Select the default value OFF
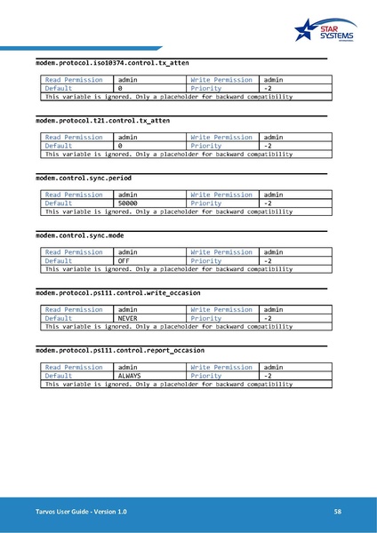(x=124, y=261)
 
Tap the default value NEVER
(x=128, y=318)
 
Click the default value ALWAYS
(x=130, y=376)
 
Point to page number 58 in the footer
(x=338, y=513)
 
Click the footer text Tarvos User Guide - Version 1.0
(x=76, y=513)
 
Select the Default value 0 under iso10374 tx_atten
(x=120, y=89)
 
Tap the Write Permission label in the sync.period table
(x=221, y=195)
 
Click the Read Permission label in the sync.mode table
(x=74, y=252)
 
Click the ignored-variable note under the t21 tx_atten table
(x=169, y=154)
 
